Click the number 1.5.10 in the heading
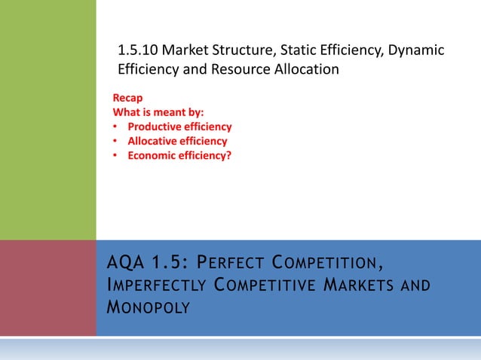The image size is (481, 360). pos(138,51)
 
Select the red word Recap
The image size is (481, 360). pos(127,98)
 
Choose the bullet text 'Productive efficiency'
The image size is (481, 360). pos(179,127)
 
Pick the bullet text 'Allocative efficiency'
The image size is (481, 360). pos(177,141)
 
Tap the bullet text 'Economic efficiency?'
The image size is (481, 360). pos(179,155)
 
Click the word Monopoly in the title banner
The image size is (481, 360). pos(149,308)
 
